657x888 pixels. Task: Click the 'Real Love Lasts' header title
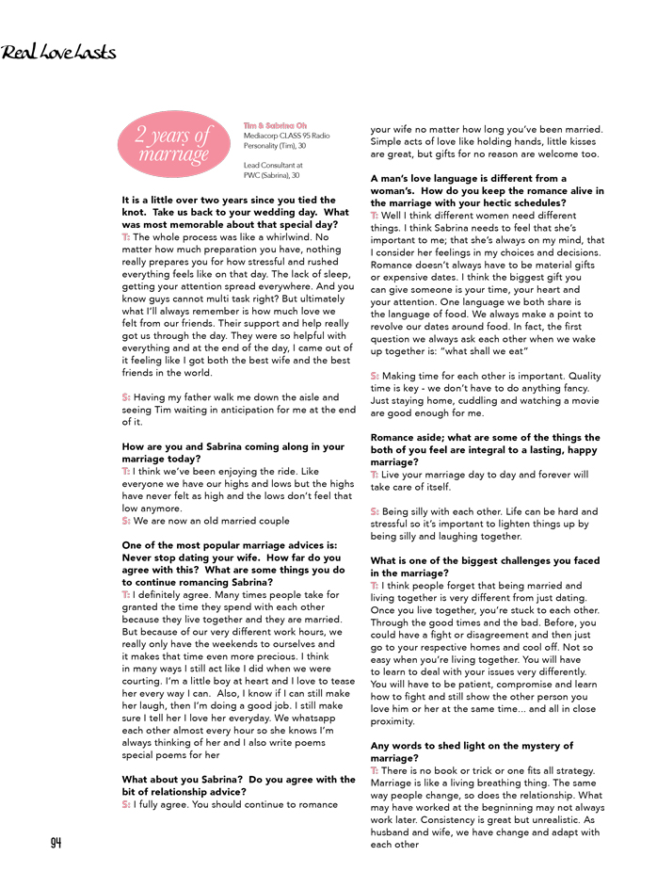[x=58, y=52]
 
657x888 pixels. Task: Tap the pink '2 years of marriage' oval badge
[x=173, y=144]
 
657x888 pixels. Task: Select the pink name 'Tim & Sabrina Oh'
[x=275, y=125]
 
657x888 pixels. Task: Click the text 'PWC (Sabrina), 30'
[x=271, y=175]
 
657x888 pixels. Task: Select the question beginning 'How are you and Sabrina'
[x=232, y=452]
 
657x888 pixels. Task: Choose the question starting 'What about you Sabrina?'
[x=238, y=785]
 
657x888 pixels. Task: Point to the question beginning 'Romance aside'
[x=485, y=450]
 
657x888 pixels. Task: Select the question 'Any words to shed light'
[x=472, y=751]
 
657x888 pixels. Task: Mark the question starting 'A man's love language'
[x=487, y=190]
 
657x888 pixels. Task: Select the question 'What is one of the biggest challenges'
[x=485, y=567]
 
